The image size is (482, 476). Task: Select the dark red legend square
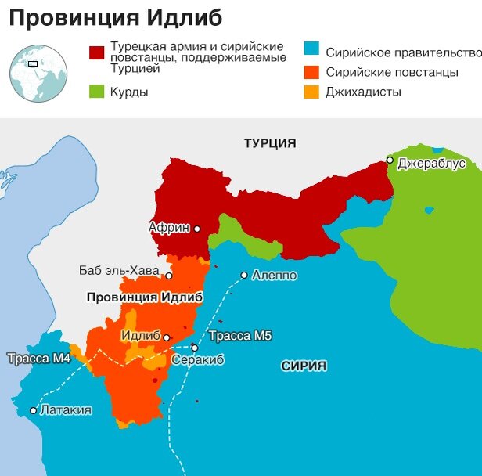[97, 52]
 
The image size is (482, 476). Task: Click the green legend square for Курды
[97, 92]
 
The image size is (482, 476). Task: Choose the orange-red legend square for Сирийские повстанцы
[311, 72]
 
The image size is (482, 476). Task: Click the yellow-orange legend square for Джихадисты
[311, 92]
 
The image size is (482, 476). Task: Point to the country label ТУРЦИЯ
[270, 143]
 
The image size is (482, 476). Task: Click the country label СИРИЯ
[304, 366]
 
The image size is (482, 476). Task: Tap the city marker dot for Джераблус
[389, 160]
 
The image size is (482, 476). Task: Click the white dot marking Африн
[197, 229]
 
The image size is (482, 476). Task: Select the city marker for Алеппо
[244, 275]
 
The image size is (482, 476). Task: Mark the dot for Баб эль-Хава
[168, 276]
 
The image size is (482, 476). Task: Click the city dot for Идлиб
[167, 337]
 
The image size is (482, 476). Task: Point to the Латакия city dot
[34, 410]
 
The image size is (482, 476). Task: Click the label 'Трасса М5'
[240, 337]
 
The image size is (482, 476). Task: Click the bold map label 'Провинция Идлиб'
[144, 298]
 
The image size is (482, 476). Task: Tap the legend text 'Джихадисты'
[364, 92]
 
